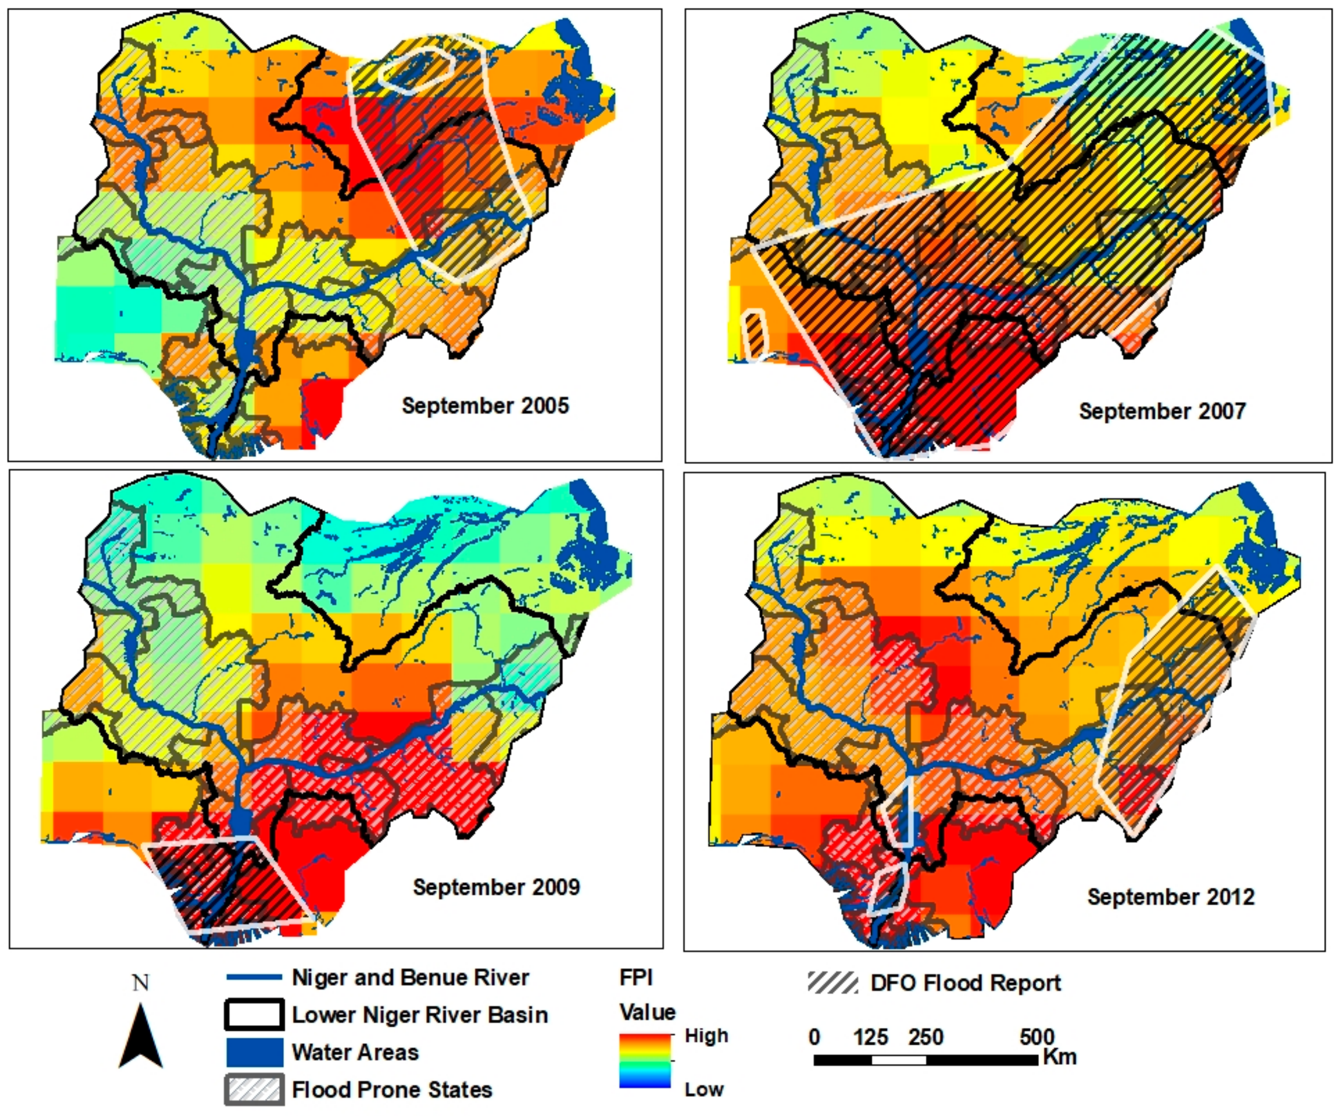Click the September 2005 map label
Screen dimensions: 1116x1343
point(485,405)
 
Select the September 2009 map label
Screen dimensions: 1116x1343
point(496,887)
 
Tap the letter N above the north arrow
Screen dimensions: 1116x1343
point(141,983)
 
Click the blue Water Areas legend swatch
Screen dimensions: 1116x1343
point(255,1052)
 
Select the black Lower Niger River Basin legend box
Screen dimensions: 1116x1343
point(255,1015)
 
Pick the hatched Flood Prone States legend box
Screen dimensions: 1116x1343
point(255,1089)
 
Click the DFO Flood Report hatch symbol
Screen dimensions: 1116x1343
point(832,983)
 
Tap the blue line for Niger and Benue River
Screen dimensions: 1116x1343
point(255,977)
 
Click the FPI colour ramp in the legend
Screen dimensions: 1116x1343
point(645,1061)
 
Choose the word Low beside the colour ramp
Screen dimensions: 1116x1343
point(703,1089)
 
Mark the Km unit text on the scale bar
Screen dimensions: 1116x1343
point(1060,1057)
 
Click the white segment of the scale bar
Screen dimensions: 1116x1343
point(898,1060)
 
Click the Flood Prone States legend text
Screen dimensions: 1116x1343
point(392,1089)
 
